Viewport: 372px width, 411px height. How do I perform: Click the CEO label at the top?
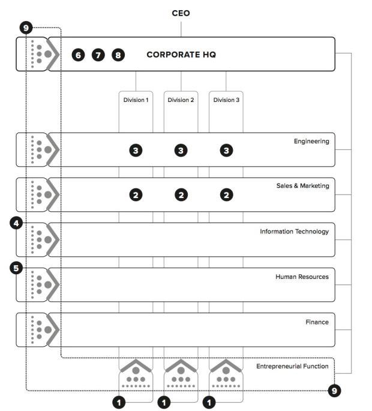coord(181,13)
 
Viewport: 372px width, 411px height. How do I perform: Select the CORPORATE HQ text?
coord(181,55)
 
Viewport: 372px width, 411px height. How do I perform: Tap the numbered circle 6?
coord(78,55)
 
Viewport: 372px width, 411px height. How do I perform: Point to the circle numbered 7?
coord(98,55)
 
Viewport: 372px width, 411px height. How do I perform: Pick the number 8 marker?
coord(118,55)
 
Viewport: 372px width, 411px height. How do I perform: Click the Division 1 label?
coord(136,100)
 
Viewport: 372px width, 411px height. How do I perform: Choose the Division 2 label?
coord(181,100)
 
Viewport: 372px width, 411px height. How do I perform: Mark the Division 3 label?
coord(226,100)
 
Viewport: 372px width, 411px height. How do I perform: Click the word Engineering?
coord(311,142)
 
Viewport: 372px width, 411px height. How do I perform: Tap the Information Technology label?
coord(294,232)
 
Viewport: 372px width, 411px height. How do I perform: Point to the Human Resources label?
coord(302,277)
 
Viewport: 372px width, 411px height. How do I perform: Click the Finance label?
coord(317,322)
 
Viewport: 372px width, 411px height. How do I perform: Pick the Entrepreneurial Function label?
coord(292,366)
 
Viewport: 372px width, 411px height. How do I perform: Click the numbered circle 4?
coord(17,224)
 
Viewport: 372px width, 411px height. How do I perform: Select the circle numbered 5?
coord(17,268)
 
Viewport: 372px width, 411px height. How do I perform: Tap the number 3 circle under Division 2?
coord(181,151)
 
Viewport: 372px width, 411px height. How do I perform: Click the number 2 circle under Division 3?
coord(226,195)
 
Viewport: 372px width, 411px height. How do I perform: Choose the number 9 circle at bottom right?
coord(334,391)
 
